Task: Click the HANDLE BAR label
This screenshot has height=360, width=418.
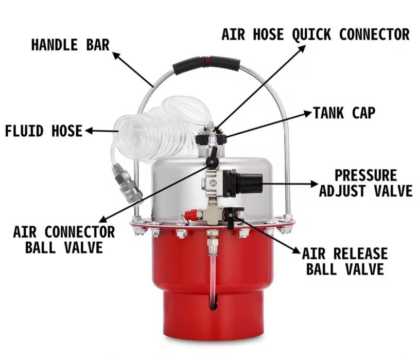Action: tap(71, 45)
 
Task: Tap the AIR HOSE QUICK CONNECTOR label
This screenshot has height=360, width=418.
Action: tap(316, 34)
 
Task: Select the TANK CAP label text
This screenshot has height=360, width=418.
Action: tap(344, 113)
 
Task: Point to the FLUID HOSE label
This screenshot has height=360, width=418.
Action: tap(44, 131)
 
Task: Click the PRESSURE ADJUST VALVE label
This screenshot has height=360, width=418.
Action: tap(365, 183)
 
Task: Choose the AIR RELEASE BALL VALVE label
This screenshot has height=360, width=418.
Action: tap(345, 261)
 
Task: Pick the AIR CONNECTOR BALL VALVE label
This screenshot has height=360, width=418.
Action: tap(64, 239)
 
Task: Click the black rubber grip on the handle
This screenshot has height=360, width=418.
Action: tap(206, 65)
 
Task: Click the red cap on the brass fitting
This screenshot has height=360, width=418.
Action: tap(190, 214)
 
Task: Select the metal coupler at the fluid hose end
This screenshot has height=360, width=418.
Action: tap(127, 183)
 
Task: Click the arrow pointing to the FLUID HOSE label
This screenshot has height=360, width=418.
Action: tap(101, 131)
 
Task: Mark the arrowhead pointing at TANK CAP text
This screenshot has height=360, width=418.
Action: tap(308, 114)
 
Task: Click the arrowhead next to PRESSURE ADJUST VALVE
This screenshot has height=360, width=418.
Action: tap(314, 184)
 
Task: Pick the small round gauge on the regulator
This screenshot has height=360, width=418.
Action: tap(213, 183)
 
